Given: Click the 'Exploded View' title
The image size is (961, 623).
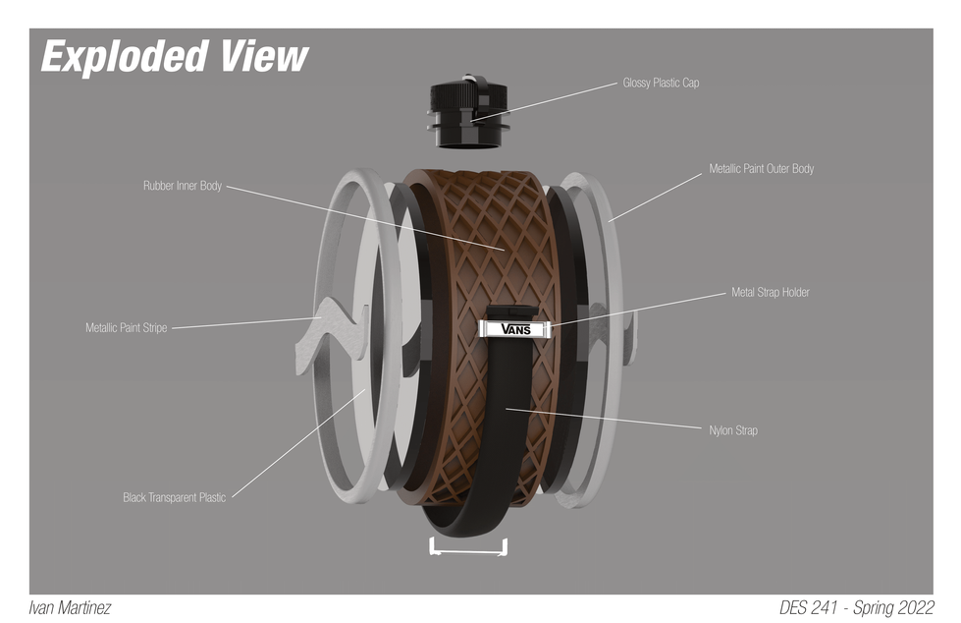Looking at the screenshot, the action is coord(175,56).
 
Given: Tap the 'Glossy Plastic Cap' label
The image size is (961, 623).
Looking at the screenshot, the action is coord(661,83).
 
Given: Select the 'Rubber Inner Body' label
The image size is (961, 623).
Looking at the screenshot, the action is coord(182,186).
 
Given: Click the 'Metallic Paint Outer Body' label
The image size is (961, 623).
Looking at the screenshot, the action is coord(761,168).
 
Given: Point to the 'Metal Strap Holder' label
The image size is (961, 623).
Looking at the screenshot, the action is coord(771,292).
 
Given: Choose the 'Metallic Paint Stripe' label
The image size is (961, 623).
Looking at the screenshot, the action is coord(127,328).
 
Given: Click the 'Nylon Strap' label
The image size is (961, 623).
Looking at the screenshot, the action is coord(733,430).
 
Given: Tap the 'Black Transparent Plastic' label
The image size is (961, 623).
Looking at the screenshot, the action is coord(174,497).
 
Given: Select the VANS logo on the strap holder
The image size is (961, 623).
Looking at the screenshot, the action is coord(515,329).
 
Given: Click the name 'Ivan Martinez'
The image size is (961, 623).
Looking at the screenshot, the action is coord(70,608).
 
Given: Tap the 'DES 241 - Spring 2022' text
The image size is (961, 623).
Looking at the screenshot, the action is coord(857,607).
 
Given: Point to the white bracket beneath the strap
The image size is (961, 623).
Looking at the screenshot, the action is coord(468,551).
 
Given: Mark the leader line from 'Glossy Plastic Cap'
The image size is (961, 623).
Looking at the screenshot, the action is coord(545,102).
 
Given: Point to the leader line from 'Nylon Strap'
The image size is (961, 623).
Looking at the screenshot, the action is coord(603,418).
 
